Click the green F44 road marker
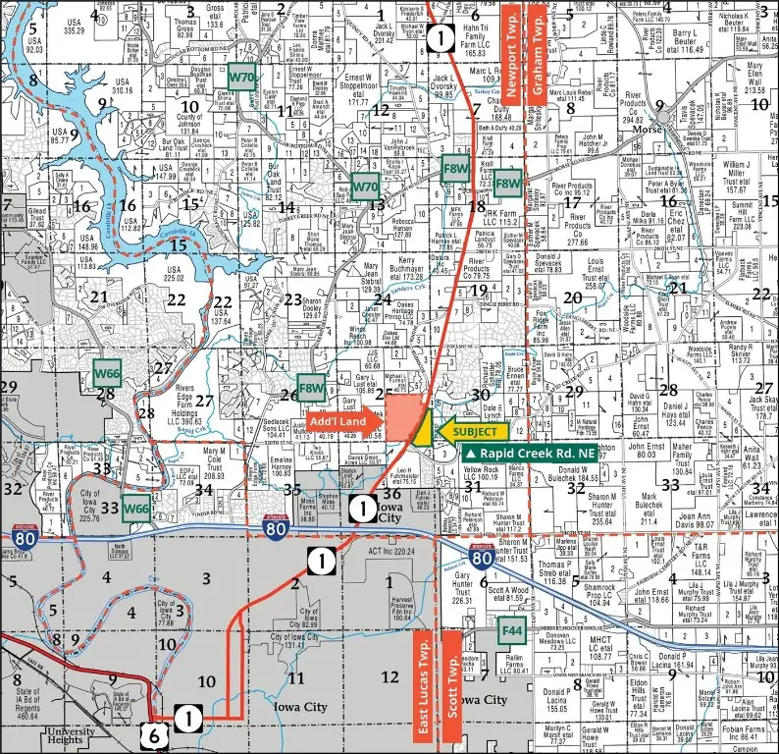[510, 626]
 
